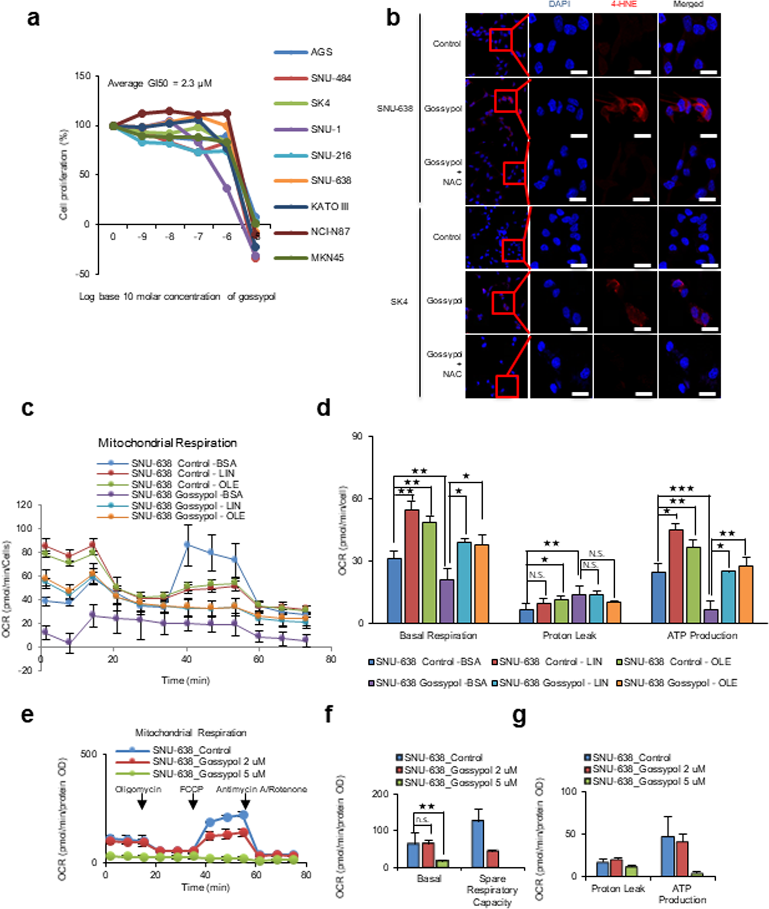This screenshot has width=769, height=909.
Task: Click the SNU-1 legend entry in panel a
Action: click(x=325, y=129)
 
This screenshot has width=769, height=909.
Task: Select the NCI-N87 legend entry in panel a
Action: click(x=330, y=231)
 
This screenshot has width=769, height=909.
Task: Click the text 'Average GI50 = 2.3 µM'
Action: click(x=159, y=83)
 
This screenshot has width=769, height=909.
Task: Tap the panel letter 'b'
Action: click(x=393, y=19)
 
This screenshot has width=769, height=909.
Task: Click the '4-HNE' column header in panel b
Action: click(x=624, y=4)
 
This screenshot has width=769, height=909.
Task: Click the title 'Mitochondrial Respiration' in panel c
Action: click(x=167, y=442)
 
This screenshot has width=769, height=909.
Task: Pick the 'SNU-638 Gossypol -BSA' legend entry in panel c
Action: click(x=187, y=495)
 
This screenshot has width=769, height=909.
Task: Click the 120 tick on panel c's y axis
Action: click(x=23, y=505)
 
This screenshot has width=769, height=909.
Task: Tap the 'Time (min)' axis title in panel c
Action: click(x=186, y=680)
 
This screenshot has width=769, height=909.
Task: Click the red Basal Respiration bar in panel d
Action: click(x=411, y=566)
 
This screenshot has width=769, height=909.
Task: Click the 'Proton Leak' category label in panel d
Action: click(x=569, y=635)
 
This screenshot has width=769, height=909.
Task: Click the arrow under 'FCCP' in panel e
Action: click(x=193, y=804)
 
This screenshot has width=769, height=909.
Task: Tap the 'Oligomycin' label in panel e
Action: click(x=138, y=789)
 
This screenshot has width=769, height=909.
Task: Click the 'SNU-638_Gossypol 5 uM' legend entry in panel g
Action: click(x=648, y=781)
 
